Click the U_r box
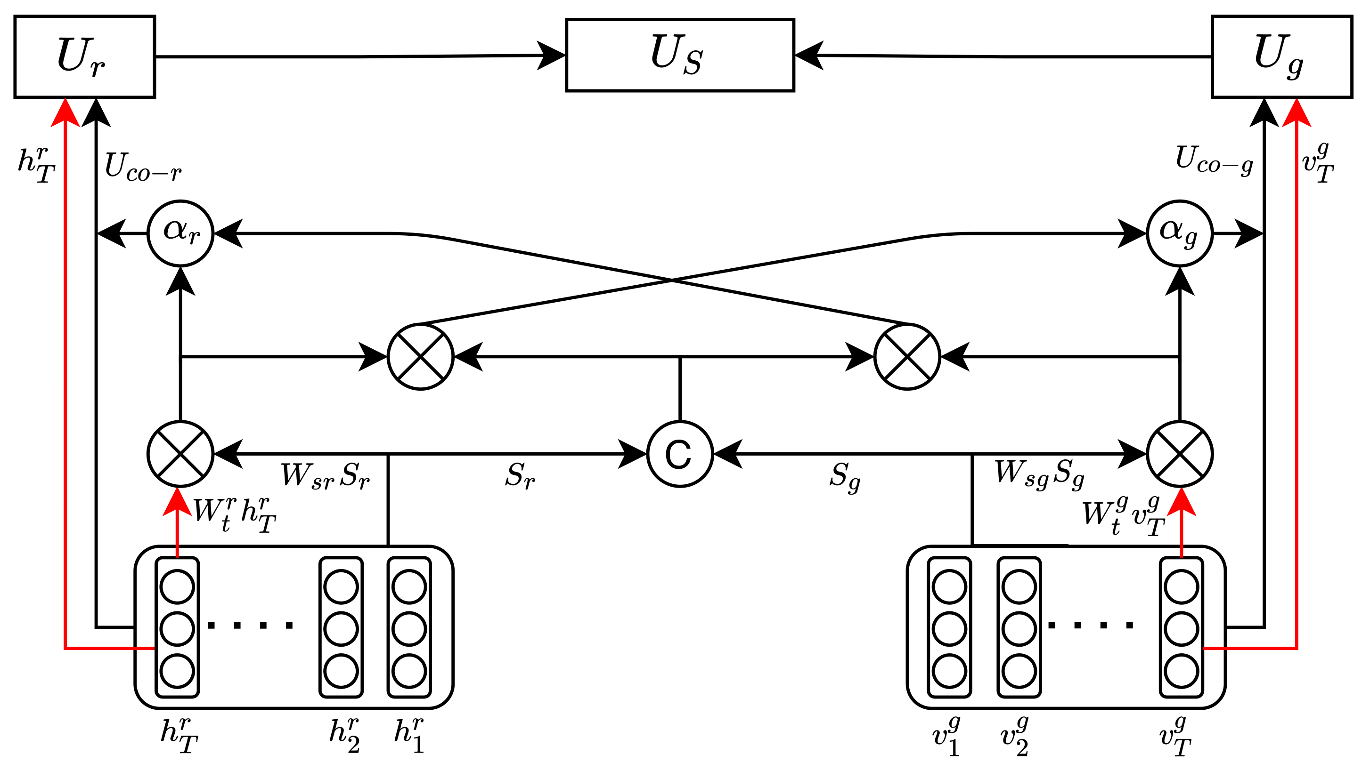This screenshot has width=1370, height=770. [84, 57]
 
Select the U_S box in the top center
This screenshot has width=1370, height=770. [680, 55]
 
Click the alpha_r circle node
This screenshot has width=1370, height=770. [180, 233]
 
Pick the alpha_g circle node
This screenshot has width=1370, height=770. [1180, 233]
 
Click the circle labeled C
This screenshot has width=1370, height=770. [680, 454]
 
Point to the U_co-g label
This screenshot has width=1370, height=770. [1214, 160]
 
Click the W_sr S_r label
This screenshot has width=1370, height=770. [325, 476]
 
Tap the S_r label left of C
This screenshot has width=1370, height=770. [520, 476]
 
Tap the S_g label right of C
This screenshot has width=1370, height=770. [845, 477]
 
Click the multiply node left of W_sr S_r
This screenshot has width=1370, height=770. [180, 454]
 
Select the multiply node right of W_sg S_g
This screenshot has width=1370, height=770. [1180, 454]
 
